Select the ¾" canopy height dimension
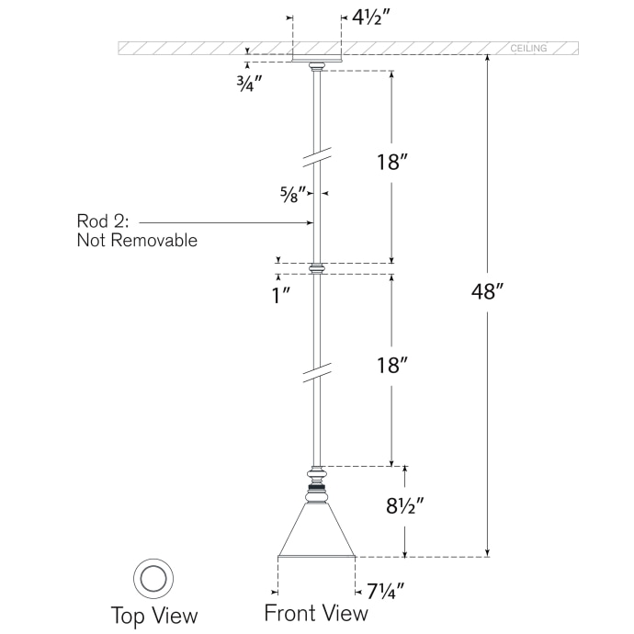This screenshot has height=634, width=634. tap(249, 80)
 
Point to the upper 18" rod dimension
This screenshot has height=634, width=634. tap(391, 164)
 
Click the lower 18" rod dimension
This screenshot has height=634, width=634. tap(391, 365)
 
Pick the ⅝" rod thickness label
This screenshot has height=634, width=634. tap(293, 194)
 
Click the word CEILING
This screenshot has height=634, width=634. tap(528, 48)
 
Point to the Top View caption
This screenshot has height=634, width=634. tap(154, 615)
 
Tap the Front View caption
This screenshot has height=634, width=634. tap(316, 613)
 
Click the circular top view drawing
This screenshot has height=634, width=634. tap(153, 578)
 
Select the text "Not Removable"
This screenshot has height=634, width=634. tap(137, 241)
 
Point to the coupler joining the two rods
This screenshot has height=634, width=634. tap(317, 268)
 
